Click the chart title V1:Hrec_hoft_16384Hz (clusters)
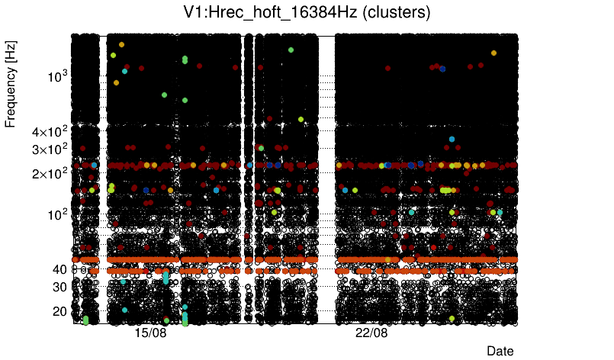(307, 12)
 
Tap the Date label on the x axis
(500, 350)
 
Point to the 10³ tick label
(58, 76)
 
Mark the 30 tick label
(59, 287)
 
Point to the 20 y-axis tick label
(59, 311)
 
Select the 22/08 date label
(371, 333)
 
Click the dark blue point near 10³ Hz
(442, 69)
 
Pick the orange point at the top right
(493, 53)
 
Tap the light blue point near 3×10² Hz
(452, 139)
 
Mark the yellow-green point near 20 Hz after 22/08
(452, 318)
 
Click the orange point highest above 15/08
(121, 44)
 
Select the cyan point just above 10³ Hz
(125, 71)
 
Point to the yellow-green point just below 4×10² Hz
(301, 119)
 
